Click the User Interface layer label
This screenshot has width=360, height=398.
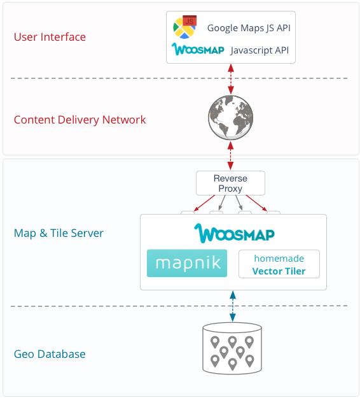50,37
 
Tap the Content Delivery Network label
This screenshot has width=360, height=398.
80,120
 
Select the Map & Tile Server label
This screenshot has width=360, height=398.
59,233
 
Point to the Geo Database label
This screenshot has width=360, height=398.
50,354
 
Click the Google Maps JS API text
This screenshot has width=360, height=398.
249,28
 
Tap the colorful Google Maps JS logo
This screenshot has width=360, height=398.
185,27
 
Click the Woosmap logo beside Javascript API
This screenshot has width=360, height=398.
198,49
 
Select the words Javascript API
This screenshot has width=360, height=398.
260,50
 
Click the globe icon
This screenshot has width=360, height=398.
230,118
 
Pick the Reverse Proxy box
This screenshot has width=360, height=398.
230,183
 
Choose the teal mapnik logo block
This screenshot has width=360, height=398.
187,263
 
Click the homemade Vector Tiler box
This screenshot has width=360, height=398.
279,264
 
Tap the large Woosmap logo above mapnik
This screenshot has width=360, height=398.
234,233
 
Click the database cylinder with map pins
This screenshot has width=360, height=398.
232,348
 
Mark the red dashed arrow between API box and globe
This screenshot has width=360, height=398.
231,79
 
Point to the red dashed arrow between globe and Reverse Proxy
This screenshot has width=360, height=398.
230,155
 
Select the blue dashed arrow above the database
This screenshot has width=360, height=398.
233,306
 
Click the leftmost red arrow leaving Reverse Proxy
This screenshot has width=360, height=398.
204,203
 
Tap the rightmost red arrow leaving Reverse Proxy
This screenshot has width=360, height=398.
256,203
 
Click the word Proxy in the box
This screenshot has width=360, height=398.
230,189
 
